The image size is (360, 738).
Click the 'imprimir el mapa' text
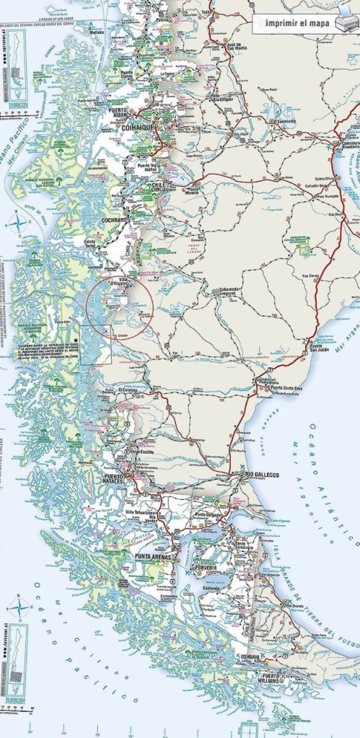pos(296,24)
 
